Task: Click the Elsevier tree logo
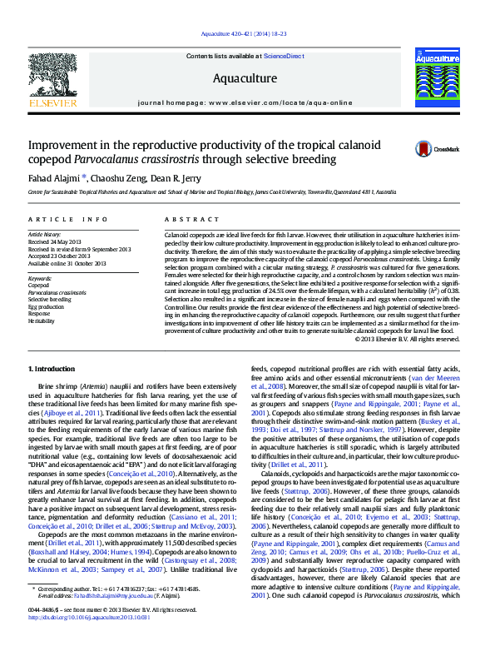coord(53,78)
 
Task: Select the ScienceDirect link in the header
coord(284,55)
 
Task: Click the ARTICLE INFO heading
coord(67,219)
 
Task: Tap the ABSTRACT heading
coord(186,219)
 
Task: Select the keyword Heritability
coord(42,321)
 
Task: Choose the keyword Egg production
coord(46,306)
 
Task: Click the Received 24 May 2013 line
coord(57,242)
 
